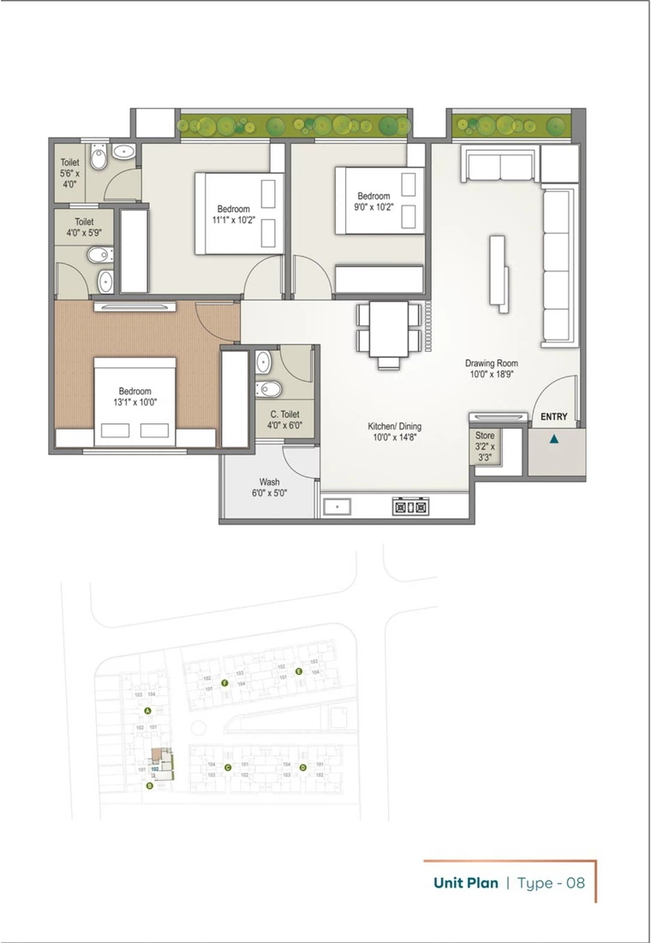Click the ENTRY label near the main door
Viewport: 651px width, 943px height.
(x=553, y=417)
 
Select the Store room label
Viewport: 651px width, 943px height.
(x=485, y=446)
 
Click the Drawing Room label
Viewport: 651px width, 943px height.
(x=492, y=369)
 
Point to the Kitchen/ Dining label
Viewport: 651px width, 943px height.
(x=395, y=432)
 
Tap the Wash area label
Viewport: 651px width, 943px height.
(x=270, y=488)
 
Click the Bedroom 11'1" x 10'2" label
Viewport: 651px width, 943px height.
(x=233, y=215)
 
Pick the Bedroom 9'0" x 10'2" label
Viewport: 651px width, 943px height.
(x=373, y=201)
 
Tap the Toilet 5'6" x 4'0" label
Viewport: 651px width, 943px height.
(x=69, y=173)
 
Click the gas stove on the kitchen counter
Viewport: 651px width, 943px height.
(x=409, y=507)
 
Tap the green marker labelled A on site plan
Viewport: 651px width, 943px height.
(x=147, y=711)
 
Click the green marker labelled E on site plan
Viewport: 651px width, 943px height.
(x=298, y=672)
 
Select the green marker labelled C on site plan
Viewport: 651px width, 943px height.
(x=227, y=768)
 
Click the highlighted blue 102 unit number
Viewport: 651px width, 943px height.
(x=157, y=769)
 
